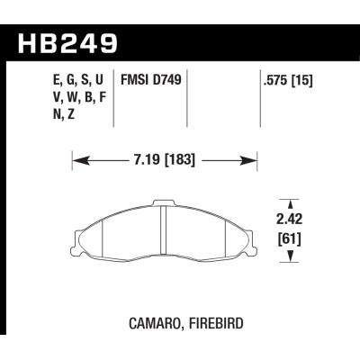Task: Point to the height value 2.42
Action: (289, 217)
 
